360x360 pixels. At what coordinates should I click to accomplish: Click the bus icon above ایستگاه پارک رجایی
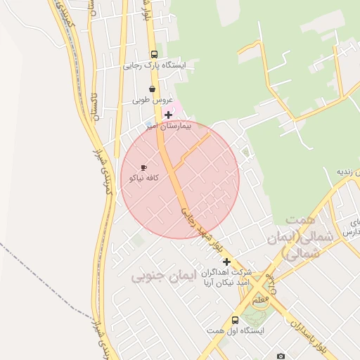coord(154,54)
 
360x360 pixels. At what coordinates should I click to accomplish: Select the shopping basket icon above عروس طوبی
coord(153,89)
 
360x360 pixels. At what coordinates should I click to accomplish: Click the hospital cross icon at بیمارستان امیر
coord(168,115)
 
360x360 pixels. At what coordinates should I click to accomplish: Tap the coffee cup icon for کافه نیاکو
coord(144,168)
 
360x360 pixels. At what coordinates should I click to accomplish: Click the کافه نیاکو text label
coord(143,179)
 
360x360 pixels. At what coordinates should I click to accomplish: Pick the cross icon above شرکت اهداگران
coord(226,262)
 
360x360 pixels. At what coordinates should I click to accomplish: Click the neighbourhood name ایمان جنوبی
coord(162,276)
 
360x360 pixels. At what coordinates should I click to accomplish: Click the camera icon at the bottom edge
coord(281,356)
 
